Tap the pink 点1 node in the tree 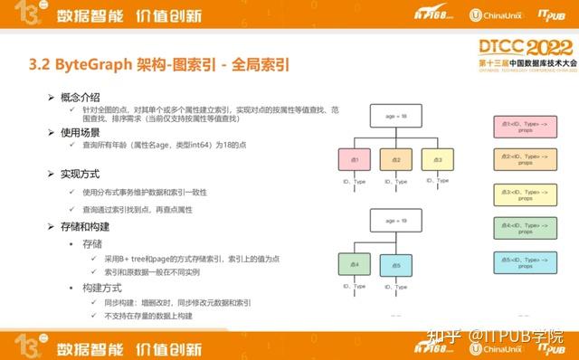click(356, 159)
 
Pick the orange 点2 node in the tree click(396, 159)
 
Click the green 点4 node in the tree click(356, 264)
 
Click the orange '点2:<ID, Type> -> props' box click(525, 158)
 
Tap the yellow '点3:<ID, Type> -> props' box click(525, 193)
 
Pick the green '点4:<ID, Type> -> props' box click(525, 227)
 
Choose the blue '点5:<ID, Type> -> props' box click(525, 261)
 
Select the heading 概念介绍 click(79, 97)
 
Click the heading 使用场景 click(79, 132)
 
